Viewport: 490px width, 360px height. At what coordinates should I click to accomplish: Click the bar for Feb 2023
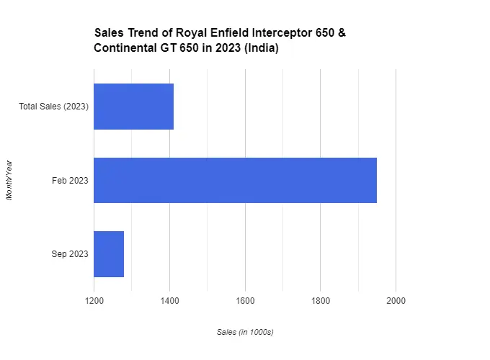coord(235,180)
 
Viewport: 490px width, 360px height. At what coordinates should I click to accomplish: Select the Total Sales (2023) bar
coord(133,107)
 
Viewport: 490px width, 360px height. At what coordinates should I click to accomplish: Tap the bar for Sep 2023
coord(109,254)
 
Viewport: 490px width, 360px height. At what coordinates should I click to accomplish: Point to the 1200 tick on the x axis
coord(94,300)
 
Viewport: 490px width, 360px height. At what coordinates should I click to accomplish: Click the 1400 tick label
coord(169,300)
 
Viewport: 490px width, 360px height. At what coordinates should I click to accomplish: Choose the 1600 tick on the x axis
coord(245,300)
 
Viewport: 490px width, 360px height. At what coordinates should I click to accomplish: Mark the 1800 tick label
coord(321,300)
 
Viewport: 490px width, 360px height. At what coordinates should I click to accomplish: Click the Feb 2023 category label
coord(70,180)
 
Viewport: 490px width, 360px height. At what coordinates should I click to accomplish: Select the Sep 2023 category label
coord(70,254)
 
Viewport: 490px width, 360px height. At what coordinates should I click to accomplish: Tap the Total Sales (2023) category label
coord(53,107)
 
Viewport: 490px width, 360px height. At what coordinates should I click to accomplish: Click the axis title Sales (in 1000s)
coord(245,332)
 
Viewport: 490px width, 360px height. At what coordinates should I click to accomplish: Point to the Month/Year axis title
coord(9,180)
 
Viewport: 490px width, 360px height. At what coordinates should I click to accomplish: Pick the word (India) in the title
coord(261,48)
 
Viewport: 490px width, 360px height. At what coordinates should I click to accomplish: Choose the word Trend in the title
coord(140,34)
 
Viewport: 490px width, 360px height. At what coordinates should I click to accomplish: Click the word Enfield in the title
coord(229,34)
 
